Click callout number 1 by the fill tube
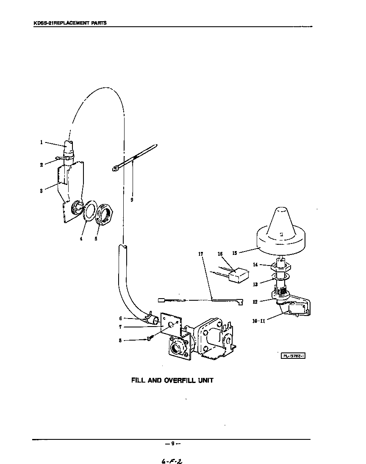coord(42,143)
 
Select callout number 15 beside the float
coord(234,253)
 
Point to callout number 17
coord(201,254)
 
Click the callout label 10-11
coord(258,321)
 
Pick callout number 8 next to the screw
coord(121,340)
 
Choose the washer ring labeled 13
coord(280,277)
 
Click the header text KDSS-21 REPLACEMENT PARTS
coord(70,23)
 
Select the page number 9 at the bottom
coord(173,444)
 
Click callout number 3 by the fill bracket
coord(41,190)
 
